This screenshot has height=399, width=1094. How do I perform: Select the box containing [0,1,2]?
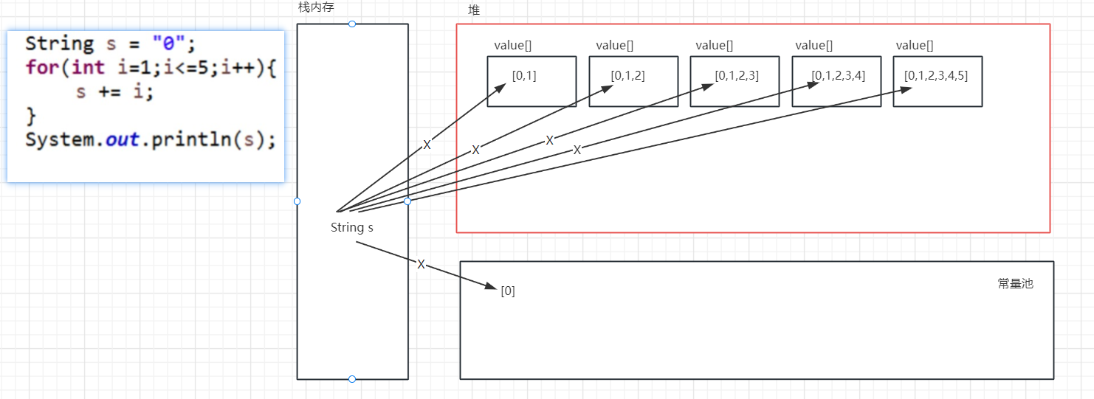coord(633,82)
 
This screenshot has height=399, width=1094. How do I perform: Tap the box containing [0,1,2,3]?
coord(734,82)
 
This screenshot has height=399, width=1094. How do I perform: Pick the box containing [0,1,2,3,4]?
coord(836,82)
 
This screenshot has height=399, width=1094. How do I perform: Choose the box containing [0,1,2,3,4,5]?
coord(937,82)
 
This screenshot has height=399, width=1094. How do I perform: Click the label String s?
coord(351,227)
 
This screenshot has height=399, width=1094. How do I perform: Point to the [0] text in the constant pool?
coord(508,291)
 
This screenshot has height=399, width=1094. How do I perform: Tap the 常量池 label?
coord(1015,283)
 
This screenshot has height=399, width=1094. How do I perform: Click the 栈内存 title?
coord(316,7)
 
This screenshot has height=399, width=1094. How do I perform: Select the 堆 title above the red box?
coord(474,10)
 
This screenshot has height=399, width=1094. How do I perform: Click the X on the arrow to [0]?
coord(421,264)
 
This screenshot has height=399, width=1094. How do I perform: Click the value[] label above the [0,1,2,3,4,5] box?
coord(914,46)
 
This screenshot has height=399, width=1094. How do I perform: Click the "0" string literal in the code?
coord(169,44)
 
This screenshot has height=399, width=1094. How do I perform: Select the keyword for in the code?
coord(43,68)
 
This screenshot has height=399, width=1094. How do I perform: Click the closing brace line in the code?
coord(31,115)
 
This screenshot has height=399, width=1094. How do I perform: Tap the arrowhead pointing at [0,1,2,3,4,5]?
coord(906,90)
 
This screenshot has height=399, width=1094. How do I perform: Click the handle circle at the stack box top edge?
coord(352,24)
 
